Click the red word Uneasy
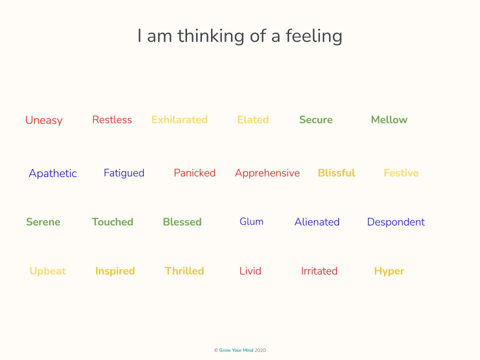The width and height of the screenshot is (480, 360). click(44, 120)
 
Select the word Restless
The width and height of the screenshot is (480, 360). click(112, 119)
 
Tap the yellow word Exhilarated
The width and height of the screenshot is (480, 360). click(179, 119)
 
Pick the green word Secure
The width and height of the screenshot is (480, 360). click(316, 119)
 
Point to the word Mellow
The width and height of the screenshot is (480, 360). click(389, 119)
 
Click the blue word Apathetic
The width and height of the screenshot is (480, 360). click(52, 173)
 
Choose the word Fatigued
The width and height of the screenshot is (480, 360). click(124, 173)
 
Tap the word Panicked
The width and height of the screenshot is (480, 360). click(194, 173)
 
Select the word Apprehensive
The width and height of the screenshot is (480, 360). click(267, 173)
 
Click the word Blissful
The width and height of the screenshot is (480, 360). click(336, 173)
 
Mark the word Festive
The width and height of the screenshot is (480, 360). click(401, 173)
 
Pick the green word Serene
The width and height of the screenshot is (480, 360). click(43, 222)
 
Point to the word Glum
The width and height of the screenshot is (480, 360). click(251, 221)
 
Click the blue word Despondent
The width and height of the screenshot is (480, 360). click(396, 222)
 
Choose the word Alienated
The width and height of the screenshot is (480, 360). click(317, 222)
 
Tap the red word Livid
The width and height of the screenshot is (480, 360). click(250, 271)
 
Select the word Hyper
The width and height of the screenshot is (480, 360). click(389, 271)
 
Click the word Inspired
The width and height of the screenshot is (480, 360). click(115, 271)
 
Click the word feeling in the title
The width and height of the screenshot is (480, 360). click(314, 36)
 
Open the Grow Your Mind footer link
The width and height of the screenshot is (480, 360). click(236, 350)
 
